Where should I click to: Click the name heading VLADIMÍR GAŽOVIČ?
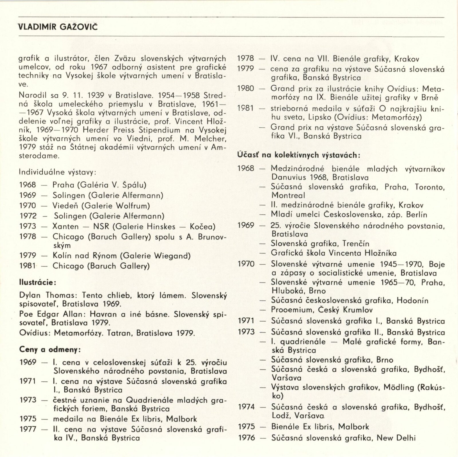[x=58, y=27]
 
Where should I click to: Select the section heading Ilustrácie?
[x=37, y=282]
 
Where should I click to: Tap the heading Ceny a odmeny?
[x=50, y=349]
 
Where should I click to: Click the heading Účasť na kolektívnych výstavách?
[x=299, y=155]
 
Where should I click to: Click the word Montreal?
[x=288, y=196]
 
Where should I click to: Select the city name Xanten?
[x=66, y=227]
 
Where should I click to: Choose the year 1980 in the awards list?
[x=246, y=88]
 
